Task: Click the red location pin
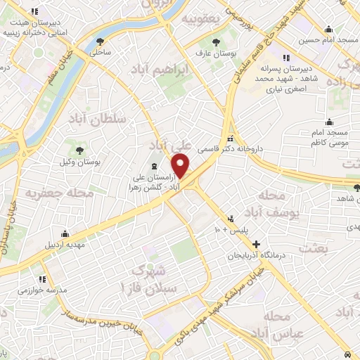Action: pyautogui.click(x=181, y=166)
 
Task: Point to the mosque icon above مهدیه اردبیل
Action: pyautogui.click(x=65, y=233)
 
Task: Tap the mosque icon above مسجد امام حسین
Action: pyautogui.click(x=328, y=29)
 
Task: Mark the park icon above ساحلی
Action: pyautogui.click(x=101, y=40)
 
